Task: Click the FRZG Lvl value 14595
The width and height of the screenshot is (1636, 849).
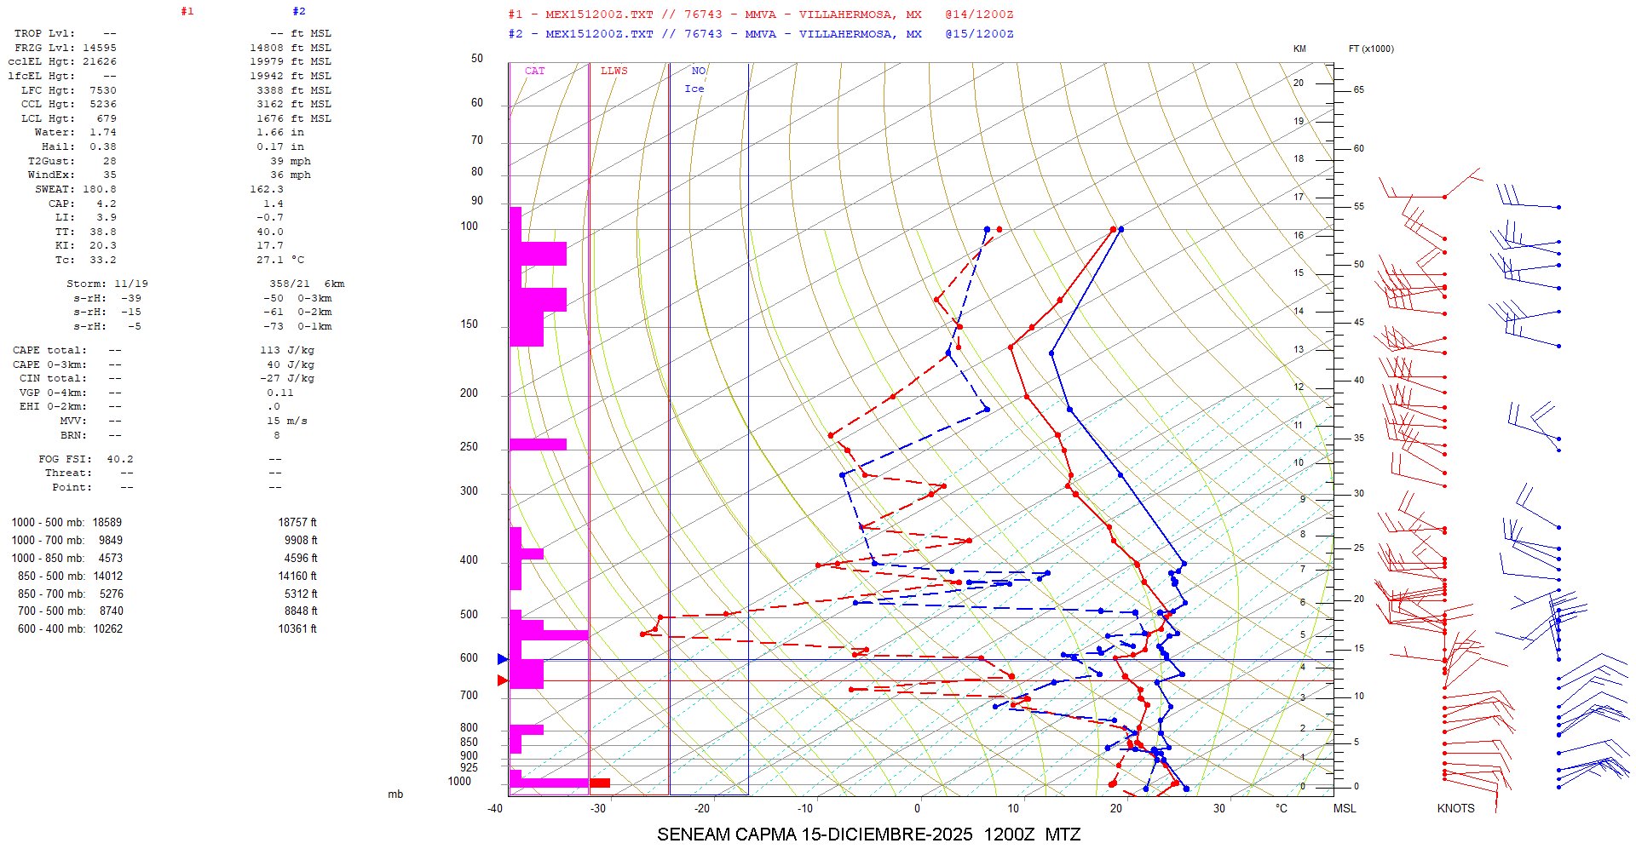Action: coord(100,48)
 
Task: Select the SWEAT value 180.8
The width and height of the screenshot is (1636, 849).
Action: coord(100,189)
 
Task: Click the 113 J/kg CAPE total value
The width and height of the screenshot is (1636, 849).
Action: coord(287,350)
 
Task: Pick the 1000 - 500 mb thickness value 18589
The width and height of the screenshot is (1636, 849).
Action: coord(107,522)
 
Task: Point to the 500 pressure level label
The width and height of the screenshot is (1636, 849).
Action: coord(469,615)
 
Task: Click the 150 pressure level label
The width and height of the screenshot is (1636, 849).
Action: coord(469,324)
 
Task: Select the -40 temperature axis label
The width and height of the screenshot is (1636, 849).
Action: coord(495,808)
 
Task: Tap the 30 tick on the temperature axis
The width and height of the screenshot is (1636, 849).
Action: coord(1219,808)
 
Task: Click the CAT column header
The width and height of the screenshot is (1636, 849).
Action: coord(534,71)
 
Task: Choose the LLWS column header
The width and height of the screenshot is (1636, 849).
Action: coord(613,71)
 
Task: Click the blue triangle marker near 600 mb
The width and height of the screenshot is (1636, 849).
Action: coord(503,659)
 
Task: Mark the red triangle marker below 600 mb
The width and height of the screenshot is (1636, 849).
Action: coord(503,680)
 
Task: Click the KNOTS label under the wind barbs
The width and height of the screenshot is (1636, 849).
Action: coord(1455,808)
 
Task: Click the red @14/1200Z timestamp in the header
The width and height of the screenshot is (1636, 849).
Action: coord(979,14)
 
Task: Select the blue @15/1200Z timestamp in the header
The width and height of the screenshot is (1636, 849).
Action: coord(979,34)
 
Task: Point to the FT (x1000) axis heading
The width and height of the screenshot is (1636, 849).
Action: coord(1371,49)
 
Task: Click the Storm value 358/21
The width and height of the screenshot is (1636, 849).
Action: coord(290,284)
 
